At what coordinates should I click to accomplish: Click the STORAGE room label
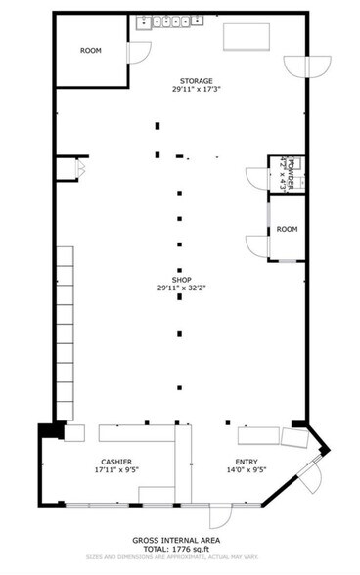tap(196, 81)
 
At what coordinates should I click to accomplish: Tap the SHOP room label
tap(179, 278)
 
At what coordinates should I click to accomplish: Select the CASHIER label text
tap(116, 461)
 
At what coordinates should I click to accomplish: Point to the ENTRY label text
tap(246, 461)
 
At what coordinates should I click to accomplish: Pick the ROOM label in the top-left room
tap(91, 50)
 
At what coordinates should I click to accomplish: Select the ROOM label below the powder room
tap(287, 229)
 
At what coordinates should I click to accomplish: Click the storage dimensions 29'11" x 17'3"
tap(196, 91)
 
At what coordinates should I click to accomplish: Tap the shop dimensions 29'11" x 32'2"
tap(179, 287)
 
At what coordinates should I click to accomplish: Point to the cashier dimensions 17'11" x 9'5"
tap(116, 470)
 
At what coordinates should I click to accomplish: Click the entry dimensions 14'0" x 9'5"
tap(246, 470)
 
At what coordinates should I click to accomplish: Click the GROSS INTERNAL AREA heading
tap(179, 538)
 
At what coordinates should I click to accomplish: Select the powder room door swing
tap(257, 179)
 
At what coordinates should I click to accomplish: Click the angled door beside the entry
tap(311, 479)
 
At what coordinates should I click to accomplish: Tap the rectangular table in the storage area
tap(247, 36)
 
